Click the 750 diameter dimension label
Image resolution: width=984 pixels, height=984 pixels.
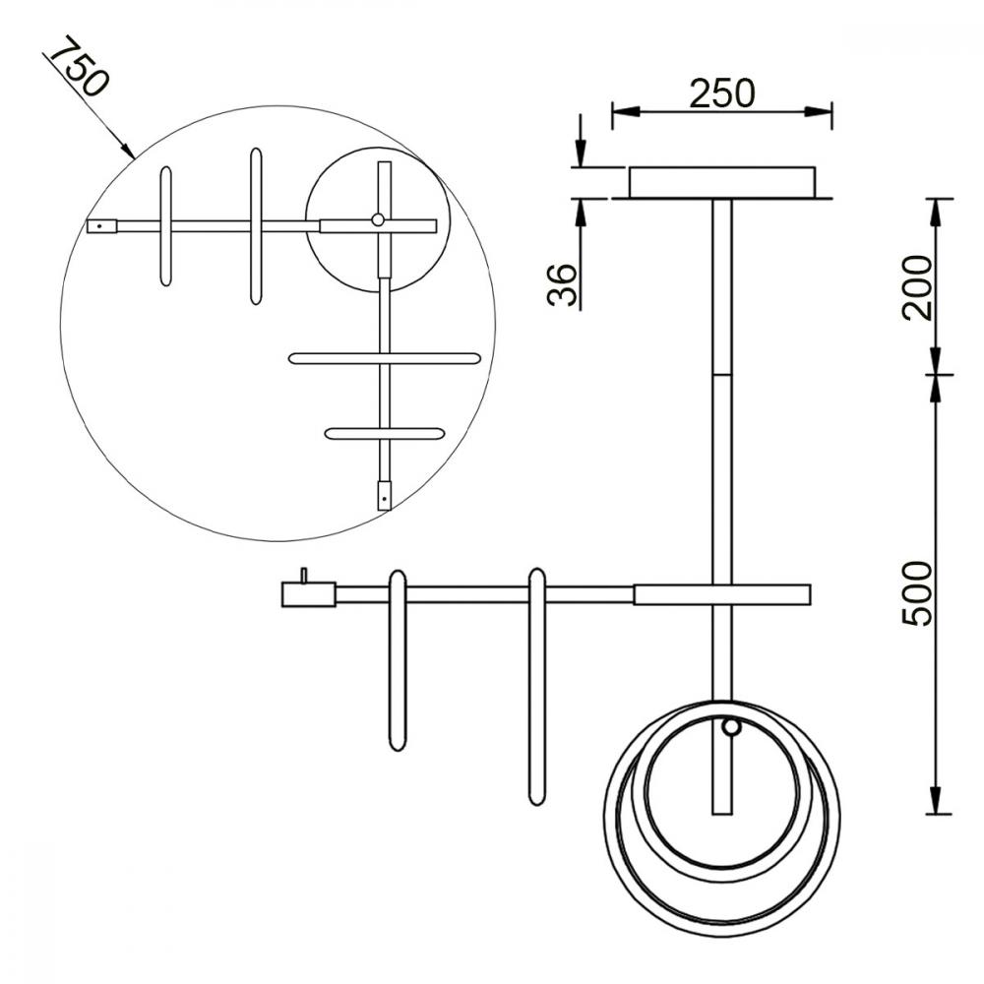(x=79, y=66)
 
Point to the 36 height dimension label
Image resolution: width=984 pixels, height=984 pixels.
(x=562, y=285)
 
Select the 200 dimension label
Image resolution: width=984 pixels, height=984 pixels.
(x=917, y=288)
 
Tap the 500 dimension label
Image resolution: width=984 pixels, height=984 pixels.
(x=917, y=593)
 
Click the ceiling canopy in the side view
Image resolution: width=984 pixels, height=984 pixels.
(x=722, y=182)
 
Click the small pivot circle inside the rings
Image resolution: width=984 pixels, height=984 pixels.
(x=730, y=727)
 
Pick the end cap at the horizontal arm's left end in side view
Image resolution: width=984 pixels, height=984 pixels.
(x=308, y=594)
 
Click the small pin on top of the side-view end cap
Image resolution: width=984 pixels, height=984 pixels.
(x=304, y=576)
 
